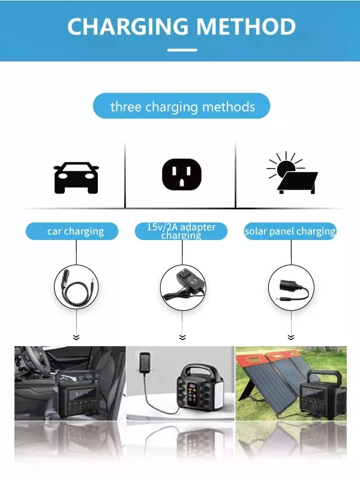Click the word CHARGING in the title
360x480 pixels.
coord(127,26)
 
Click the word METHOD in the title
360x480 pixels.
coord(246,26)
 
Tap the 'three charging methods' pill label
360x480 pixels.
coord(182,106)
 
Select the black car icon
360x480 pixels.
coord(76,178)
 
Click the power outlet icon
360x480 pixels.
coord(182,175)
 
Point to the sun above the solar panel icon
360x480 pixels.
coord(286,167)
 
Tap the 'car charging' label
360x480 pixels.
coord(72,231)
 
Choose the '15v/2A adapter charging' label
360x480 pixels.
coord(181,231)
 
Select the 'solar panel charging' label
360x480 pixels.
coord(290,231)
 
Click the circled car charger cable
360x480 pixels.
coord(77,287)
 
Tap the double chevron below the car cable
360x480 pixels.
coord(76,337)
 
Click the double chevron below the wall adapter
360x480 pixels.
coord(182,337)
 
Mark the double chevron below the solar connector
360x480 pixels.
coord(291,337)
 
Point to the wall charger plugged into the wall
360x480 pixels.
coord(145,363)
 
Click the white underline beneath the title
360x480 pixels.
coord(182,50)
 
